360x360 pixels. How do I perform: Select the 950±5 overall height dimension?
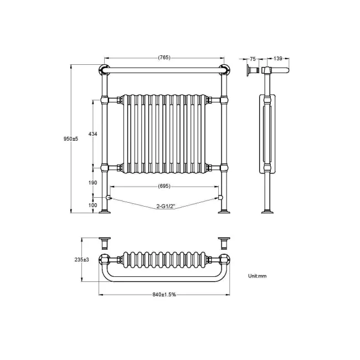71,139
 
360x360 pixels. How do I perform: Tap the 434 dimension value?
92,134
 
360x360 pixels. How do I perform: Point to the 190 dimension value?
92,182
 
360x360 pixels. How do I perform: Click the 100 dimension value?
92,205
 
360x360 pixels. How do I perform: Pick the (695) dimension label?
164,186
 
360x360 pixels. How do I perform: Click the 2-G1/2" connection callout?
165,206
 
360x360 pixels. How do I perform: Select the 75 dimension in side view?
253,58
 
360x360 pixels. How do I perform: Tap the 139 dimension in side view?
278,58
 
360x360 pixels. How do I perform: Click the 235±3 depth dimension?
81,259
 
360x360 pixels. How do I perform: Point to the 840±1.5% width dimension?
164,294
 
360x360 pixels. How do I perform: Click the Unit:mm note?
258,275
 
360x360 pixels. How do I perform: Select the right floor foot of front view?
224,212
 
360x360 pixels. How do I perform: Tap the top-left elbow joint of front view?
104,70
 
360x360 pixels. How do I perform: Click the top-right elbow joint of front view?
224,70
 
